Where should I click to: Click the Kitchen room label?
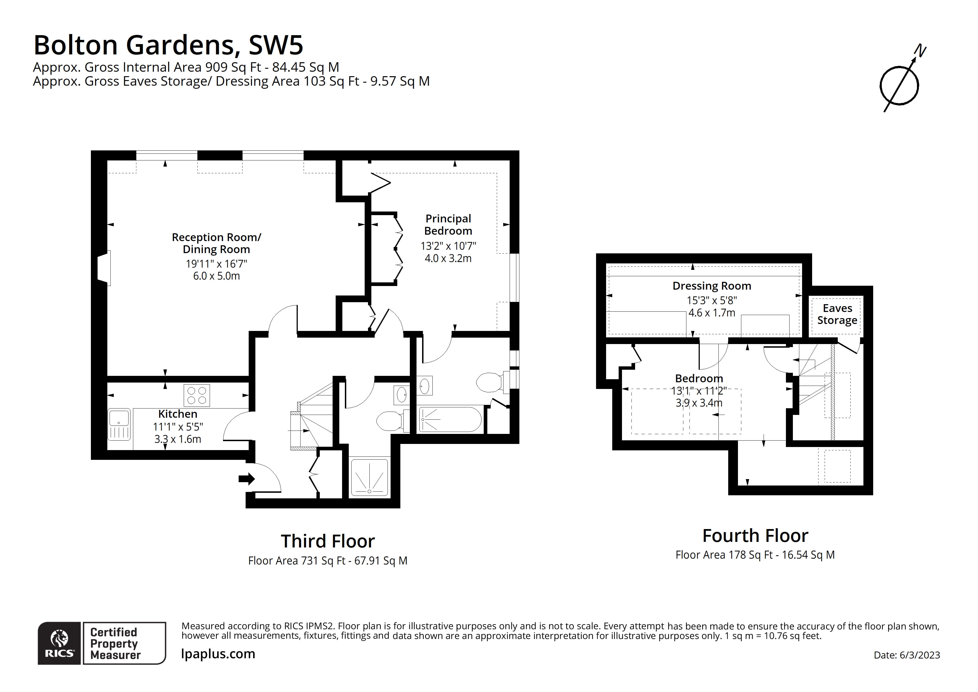click(x=178, y=414)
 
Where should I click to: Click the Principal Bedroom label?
click(x=448, y=225)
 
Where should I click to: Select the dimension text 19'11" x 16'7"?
click(x=216, y=264)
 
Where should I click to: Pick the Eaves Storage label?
click(x=837, y=314)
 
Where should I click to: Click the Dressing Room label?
click(x=712, y=286)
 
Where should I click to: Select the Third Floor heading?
click(x=328, y=542)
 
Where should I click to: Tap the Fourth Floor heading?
click(x=755, y=536)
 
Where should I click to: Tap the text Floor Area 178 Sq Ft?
click(x=724, y=555)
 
